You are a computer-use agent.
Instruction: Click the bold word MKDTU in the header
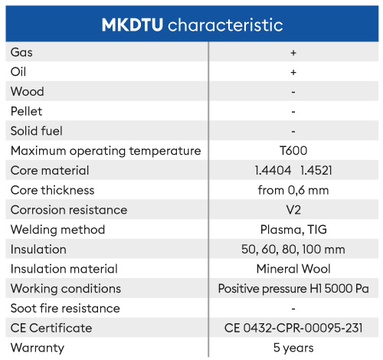click(x=133, y=25)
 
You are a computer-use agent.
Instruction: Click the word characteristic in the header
click(x=225, y=25)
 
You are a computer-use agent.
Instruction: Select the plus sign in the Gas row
click(x=293, y=53)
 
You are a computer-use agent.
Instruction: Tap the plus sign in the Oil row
click(x=293, y=72)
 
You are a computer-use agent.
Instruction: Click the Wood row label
click(x=28, y=91)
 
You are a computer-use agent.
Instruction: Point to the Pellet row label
click(x=26, y=111)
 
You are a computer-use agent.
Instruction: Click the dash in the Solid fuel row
click(x=293, y=132)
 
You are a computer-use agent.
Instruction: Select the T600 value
click(x=293, y=150)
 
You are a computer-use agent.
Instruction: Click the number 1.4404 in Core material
click(x=273, y=170)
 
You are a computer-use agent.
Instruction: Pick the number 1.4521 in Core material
click(x=316, y=170)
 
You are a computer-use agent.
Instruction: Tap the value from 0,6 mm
click(x=293, y=190)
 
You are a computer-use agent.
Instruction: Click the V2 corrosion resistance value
click(x=293, y=210)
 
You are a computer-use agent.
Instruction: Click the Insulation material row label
click(x=64, y=269)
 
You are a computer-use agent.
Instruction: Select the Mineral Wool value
click(x=293, y=269)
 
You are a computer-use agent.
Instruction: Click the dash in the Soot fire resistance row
click(x=293, y=309)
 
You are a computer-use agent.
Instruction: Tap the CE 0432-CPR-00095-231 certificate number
click(x=293, y=328)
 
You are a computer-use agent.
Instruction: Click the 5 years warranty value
click(x=293, y=348)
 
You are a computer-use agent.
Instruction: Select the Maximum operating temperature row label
click(x=106, y=151)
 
